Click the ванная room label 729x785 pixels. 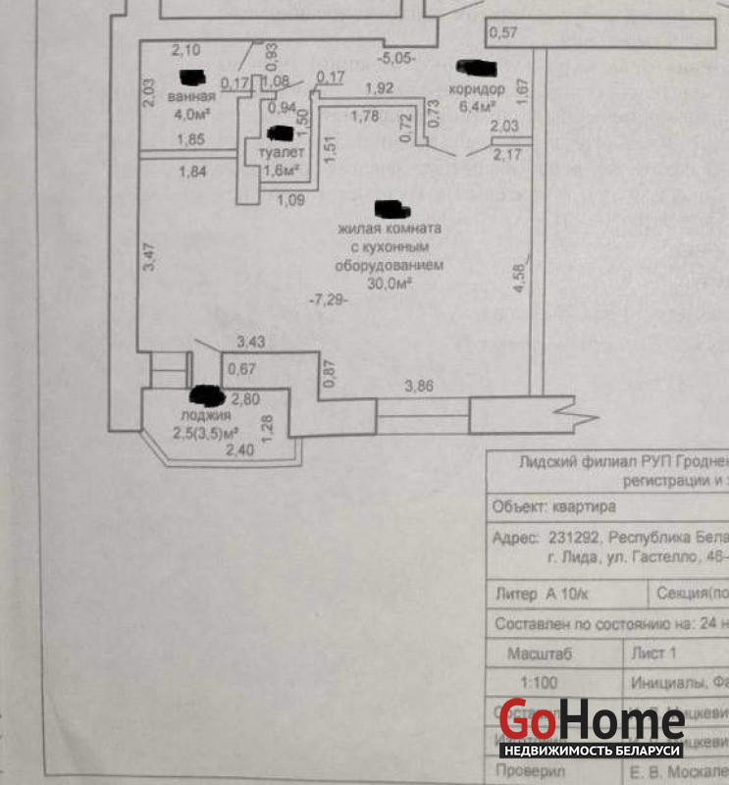pyautogui.click(x=190, y=97)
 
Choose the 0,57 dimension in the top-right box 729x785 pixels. pyautogui.click(x=502, y=32)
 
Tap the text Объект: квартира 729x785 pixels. pyautogui.click(x=553, y=507)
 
